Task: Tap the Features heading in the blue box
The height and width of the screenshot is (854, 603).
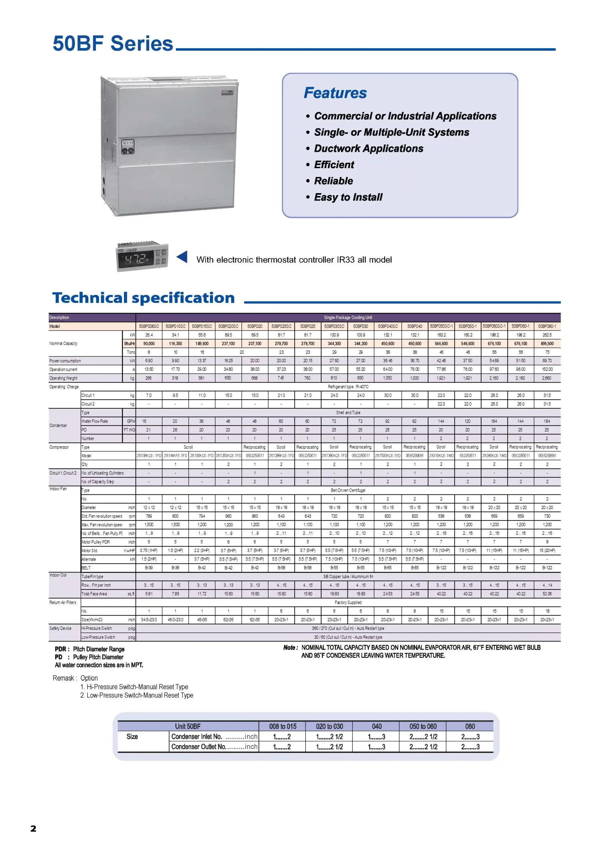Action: click(335, 93)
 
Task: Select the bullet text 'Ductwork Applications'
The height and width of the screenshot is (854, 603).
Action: click(368, 149)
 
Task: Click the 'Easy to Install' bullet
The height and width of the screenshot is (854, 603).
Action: click(348, 197)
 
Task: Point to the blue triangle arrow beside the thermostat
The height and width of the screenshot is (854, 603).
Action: click(182, 257)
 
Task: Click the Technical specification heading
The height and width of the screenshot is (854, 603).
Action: click(143, 298)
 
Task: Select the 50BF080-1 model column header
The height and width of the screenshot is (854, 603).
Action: click(547, 326)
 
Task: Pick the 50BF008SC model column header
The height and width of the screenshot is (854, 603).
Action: click(149, 326)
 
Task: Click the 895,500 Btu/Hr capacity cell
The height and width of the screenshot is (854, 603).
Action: click(547, 344)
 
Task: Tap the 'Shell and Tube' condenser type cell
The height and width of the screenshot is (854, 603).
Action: click(348, 413)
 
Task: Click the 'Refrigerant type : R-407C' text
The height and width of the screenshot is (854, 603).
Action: click(348, 387)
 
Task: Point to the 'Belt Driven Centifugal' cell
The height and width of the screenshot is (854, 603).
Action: click(348, 490)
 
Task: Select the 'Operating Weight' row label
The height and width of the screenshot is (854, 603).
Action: click(64, 378)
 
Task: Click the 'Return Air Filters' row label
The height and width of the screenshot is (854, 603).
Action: click(63, 602)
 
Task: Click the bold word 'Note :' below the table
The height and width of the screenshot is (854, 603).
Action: click(291, 648)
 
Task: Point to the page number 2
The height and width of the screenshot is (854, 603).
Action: click(33, 828)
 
